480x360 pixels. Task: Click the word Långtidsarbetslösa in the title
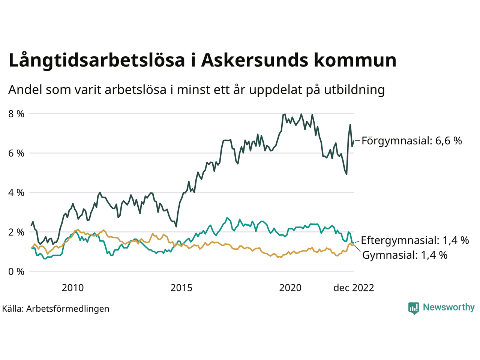pyautogui.click(x=97, y=60)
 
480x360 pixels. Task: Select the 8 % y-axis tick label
pyautogui.click(x=16, y=114)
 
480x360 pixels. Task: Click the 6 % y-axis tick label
pyautogui.click(x=16, y=153)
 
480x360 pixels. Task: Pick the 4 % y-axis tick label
pyautogui.click(x=16, y=192)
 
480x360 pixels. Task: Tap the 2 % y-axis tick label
pyautogui.click(x=16, y=232)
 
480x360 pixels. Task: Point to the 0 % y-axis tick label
pyautogui.click(x=16, y=271)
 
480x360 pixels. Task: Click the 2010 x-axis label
pyautogui.click(x=73, y=288)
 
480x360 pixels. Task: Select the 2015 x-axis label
pyautogui.click(x=181, y=288)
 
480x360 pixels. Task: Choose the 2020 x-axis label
pyautogui.click(x=290, y=288)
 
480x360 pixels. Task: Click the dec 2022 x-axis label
pyautogui.click(x=354, y=288)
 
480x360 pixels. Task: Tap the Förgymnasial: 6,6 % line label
pyautogui.click(x=411, y=141)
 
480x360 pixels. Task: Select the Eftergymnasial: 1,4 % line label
pyautogui.click(x=415, y=240)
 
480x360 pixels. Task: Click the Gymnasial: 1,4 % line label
pyautogui.click(x=405, y=255)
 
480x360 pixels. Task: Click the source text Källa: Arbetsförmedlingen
pyautogui.click(x=55, y=309)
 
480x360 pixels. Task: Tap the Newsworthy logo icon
pyautogui.click(x=414, y=308)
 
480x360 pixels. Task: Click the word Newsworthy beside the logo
pyautogui.click(x=448, y=307)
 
